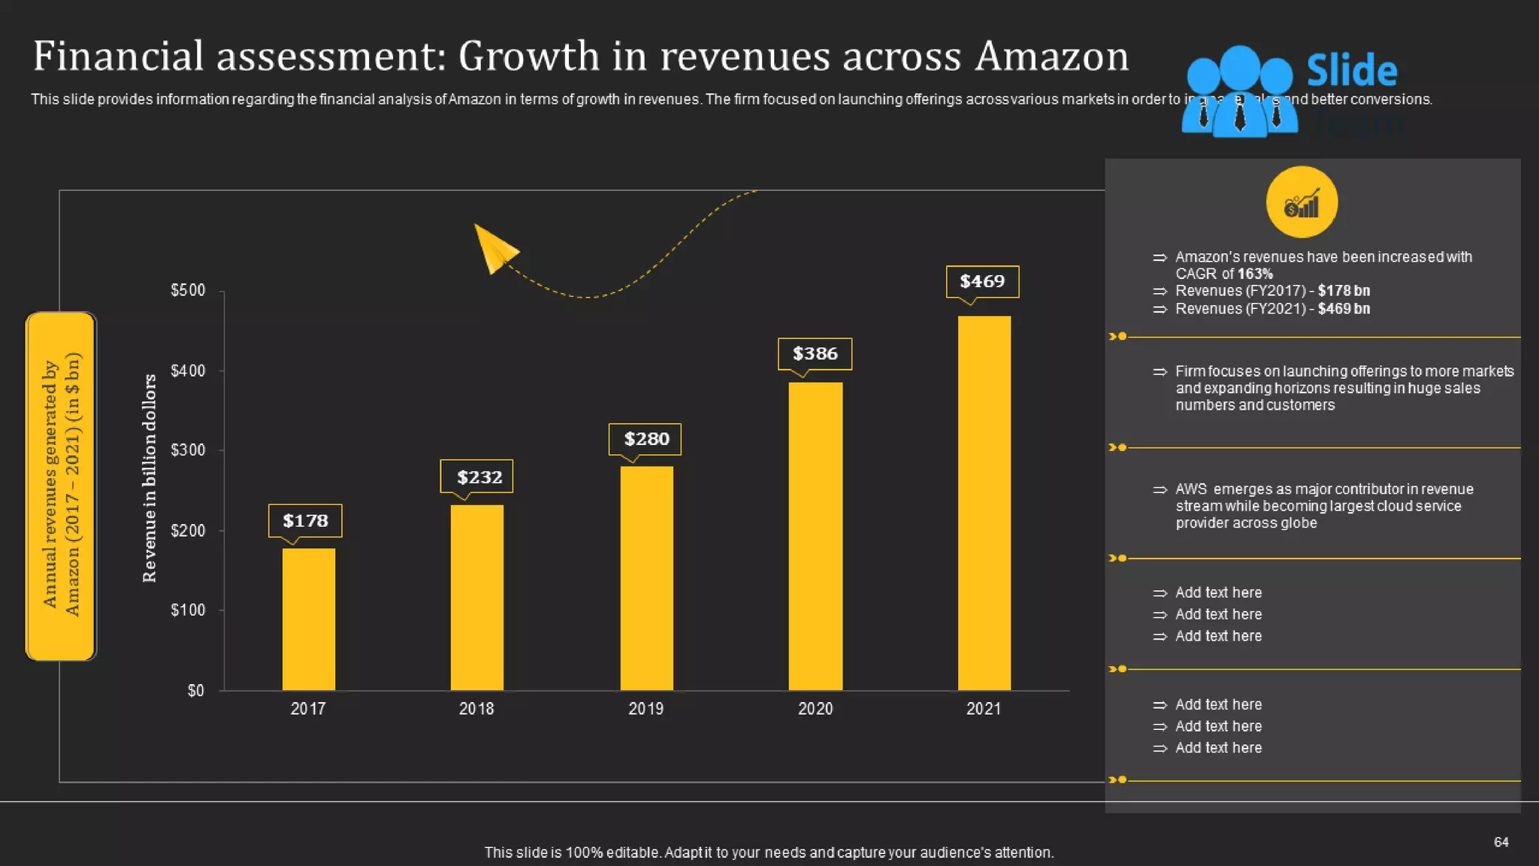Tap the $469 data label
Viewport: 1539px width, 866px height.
click(x=982, y=282)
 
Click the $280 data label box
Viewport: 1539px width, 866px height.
click(x=646, y=439)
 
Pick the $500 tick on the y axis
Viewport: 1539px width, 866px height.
click(x=188, y=291)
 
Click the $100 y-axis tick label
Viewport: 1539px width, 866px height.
click(x=188, y=610)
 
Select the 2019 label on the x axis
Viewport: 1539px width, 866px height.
click(x=646, y=709)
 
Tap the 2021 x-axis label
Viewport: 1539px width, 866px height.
click(x=984, y=709)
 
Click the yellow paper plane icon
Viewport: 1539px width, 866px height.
click(x=494, y=249)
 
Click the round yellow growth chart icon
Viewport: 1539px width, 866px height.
click(x=1302, y=202)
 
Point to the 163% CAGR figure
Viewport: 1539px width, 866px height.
click(x=1255, y=274)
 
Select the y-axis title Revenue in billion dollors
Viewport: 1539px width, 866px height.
click(x=150, y=478)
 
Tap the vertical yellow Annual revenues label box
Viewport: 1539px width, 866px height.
click(x=61, y=486)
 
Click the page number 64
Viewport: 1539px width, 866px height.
click(x=1501, y=842)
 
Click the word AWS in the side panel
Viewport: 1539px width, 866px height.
click(x=1190, y=489)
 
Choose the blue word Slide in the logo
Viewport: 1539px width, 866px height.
click(x=1351, y=71)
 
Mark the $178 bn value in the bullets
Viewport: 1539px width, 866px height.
click(x=1344, y=291)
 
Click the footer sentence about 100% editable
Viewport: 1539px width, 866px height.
click(x=769, y=852)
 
